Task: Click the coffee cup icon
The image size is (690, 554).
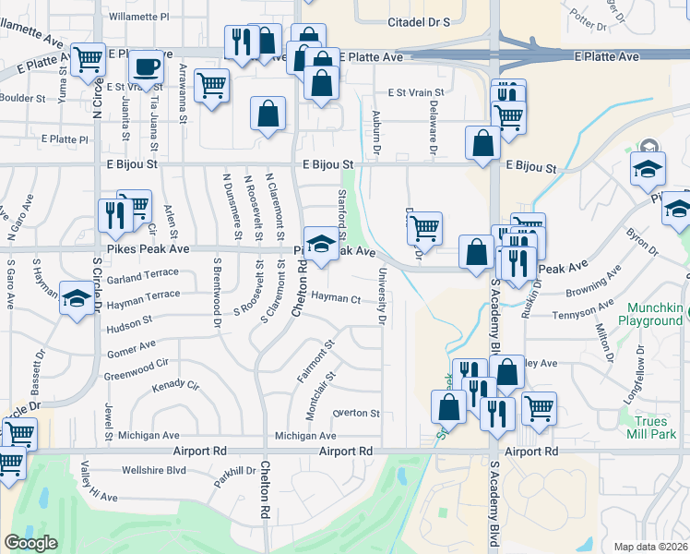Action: (146, 67)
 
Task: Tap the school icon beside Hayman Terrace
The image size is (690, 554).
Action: (76, 297)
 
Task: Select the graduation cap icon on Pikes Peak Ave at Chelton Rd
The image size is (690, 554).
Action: (321, 244)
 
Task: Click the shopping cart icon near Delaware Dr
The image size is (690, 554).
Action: (424, 227)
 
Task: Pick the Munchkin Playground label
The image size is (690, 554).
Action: (655, 314)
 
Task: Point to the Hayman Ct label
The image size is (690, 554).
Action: (335, 298)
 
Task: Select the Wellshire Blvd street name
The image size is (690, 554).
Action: (152, 470)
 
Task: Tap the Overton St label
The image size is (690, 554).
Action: (356, 413)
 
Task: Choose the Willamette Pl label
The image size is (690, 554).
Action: (138, 17)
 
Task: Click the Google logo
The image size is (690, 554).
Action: (30, 542)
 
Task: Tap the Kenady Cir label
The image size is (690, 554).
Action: (175, 384)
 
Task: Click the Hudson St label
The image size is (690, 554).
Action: (128, 324)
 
